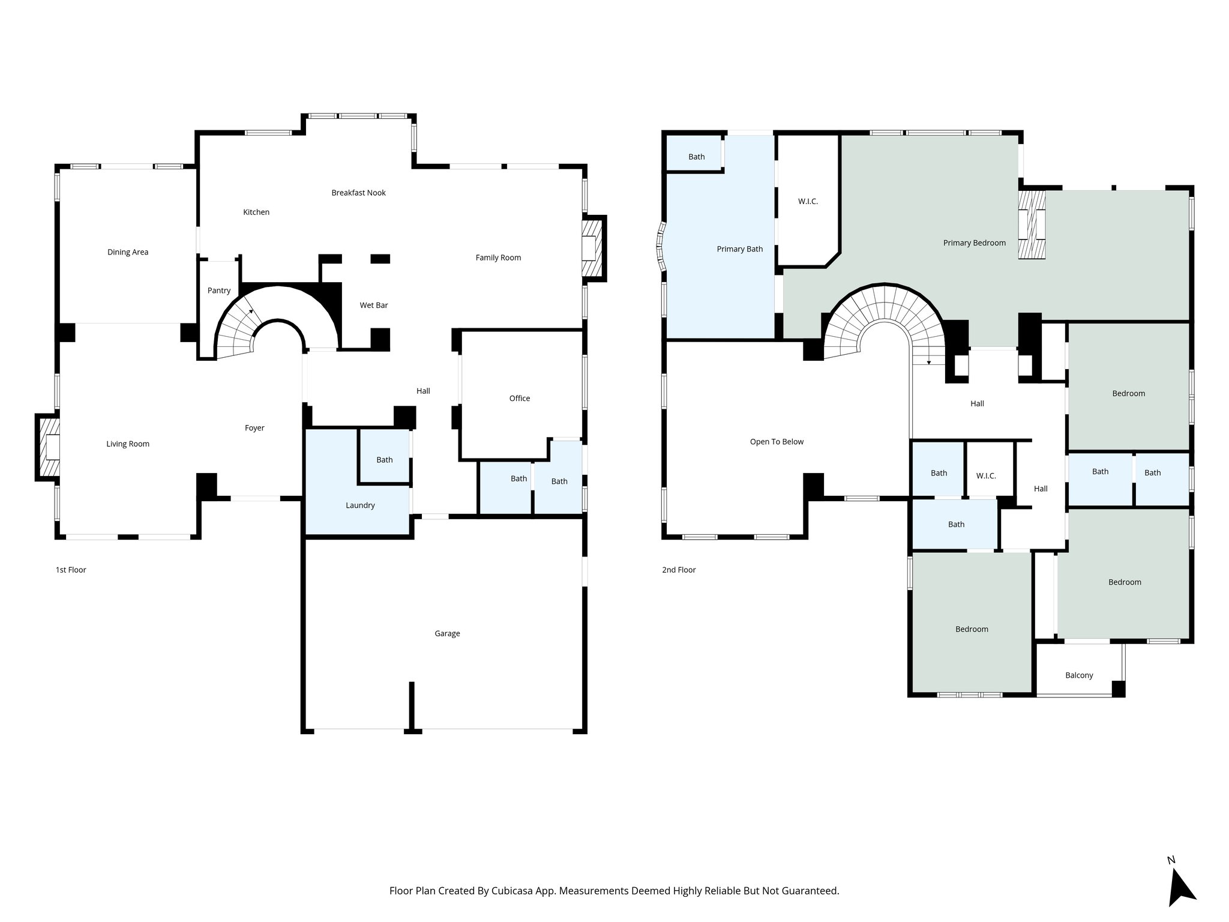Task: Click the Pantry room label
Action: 219,291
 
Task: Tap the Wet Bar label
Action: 374,306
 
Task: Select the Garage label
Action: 447,633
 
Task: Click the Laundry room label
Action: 360,505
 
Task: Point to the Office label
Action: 520,399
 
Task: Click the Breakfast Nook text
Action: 358,193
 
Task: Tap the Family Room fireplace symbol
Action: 592,248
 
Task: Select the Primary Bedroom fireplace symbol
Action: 1032,224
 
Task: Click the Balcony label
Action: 1079,675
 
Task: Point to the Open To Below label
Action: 777,442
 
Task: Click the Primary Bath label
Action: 739,249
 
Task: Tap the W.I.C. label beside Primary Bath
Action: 808,202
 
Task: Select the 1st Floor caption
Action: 71,570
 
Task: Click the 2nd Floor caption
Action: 679,570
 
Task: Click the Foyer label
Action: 254,428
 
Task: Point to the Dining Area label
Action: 128,252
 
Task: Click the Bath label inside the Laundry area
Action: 385,460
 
